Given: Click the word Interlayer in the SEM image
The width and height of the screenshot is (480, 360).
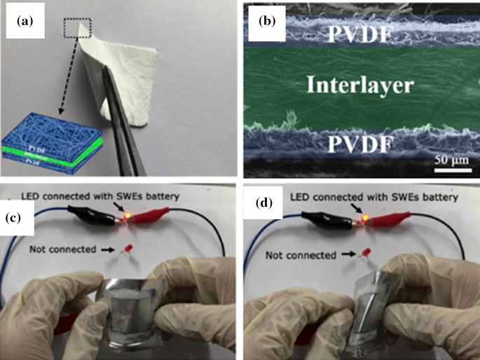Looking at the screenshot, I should click(x=361, y=85).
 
